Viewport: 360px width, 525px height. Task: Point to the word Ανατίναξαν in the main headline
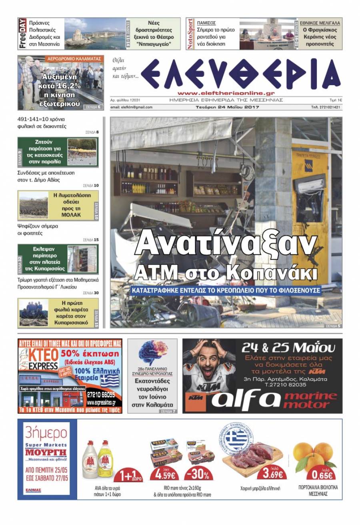[226, 243]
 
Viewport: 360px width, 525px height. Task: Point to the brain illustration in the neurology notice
[152, 352]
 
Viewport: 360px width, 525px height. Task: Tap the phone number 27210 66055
[100, 394]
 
